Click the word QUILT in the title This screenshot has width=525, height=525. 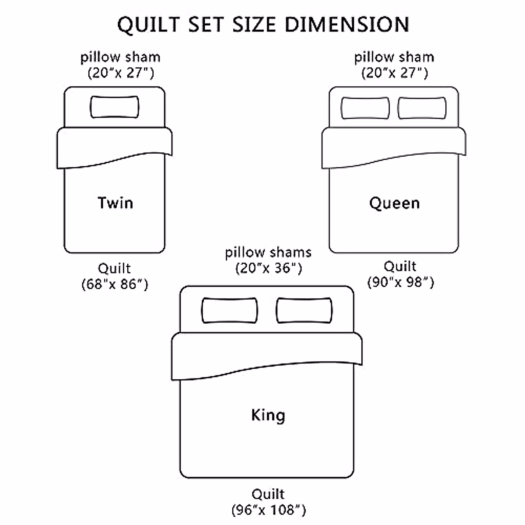(x=149, y=25)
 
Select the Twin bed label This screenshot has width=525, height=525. (x=115, y=203)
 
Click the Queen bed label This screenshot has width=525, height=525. (x=395, y=203)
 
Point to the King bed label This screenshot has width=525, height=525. (x=268, y=415)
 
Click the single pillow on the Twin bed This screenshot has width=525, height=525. (x=115, y=107)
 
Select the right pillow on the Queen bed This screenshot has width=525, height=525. (x=422, y=108)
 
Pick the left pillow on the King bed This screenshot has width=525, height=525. (x=229, y=311)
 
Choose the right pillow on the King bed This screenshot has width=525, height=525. (x=304, y=311)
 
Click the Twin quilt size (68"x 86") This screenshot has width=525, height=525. (x=115, y=284)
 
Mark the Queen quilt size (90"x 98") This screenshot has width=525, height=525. (x=400, y=282)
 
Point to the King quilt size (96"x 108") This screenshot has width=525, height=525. (x=268, y=510)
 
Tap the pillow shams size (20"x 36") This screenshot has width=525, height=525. (x=269, y=268)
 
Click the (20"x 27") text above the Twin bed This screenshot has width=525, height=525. (x=121, y=73)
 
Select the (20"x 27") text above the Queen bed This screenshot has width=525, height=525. (x=394, y=73)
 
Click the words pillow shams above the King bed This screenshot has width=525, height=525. (x=268, y=252)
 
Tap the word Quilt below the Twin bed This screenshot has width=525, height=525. (x=114, y=268)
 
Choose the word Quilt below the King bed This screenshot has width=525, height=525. (x=268, y=494)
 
